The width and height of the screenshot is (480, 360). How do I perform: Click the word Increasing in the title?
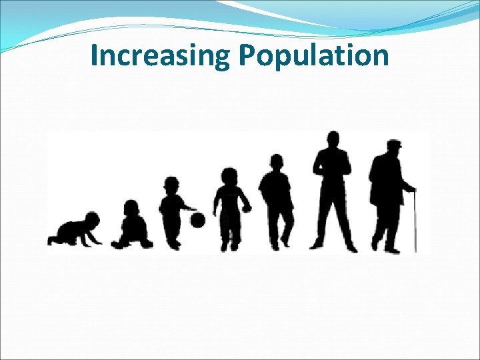(160, 56)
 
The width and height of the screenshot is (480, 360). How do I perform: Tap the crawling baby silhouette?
(75, 231)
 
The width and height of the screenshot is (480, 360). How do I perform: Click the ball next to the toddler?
(198, 220)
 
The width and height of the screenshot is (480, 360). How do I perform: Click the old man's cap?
(395, 144)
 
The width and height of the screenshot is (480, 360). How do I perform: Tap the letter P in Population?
(247, 56)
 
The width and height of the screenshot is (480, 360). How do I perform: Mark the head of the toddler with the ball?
(172, 185)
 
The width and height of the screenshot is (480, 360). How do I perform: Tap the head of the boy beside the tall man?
(277, 162)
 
